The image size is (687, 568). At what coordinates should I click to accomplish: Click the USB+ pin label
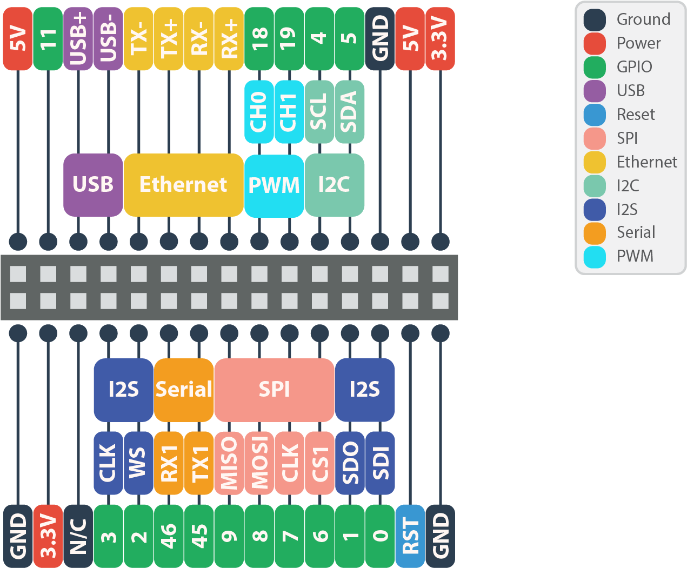(78, 39)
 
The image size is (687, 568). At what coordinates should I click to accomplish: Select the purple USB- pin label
(109, 39)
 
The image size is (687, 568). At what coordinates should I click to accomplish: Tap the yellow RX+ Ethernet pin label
(229, 39)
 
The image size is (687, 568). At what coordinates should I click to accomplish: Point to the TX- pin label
(139, 39)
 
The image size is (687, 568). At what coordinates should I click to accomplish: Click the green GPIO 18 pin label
(259, 39)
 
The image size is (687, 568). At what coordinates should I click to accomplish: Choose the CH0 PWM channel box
(259, 112)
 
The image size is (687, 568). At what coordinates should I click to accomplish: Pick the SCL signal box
(319, 112)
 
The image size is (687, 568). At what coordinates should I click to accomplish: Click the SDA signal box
(350, 112)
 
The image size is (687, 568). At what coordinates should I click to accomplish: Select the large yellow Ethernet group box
(183, 185)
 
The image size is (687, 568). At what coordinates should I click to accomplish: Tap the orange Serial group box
(184, 390)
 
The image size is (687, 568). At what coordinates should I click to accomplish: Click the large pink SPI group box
(274, 390)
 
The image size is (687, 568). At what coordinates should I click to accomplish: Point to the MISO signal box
(229, 463)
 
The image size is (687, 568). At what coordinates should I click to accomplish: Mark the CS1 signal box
(319, 463)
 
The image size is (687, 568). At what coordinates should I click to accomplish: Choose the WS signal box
(138, 463)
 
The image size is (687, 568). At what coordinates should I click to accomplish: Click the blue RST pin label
(410, 536)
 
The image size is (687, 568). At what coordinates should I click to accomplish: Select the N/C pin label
(78, 536)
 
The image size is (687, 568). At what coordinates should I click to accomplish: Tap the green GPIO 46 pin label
(169, 536)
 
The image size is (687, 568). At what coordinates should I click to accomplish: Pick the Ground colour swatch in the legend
(595, 19)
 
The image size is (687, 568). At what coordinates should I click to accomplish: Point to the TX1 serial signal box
(199, 463)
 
